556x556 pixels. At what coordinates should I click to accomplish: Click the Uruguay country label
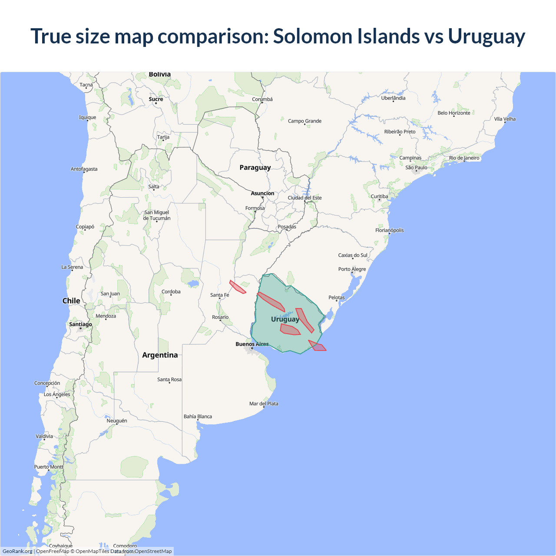click(285, 319)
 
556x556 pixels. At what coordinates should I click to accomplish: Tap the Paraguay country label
click(255, 168)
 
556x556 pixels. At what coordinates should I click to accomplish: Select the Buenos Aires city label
click(252, 344)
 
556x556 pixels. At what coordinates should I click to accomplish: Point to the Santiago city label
click(80, 324)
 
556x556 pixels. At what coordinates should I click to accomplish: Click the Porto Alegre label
click(352, 269)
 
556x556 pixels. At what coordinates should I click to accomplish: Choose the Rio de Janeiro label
click(464, 158)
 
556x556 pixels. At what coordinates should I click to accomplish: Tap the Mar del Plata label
click(264, 404)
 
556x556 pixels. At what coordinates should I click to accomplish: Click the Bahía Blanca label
click(198, 417)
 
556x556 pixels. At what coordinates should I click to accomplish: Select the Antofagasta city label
click(84, 169)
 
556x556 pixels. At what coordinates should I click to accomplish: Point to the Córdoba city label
click(171, 292)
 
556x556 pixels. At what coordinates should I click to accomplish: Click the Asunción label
click(262, 194)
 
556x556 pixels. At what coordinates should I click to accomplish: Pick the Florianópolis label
click(389, 231)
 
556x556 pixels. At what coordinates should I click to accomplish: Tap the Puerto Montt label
click(49, 467)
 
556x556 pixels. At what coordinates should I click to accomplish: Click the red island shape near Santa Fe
click(237, 287)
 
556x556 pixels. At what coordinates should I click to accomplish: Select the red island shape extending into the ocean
click(318, 346)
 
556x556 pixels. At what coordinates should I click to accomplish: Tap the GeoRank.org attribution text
click(17, 551)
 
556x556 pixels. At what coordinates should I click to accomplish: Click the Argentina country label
click(160, 355)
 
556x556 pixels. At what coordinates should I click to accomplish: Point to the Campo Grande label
click(304, 121)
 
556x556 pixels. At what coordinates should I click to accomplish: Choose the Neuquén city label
click(117, 421)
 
